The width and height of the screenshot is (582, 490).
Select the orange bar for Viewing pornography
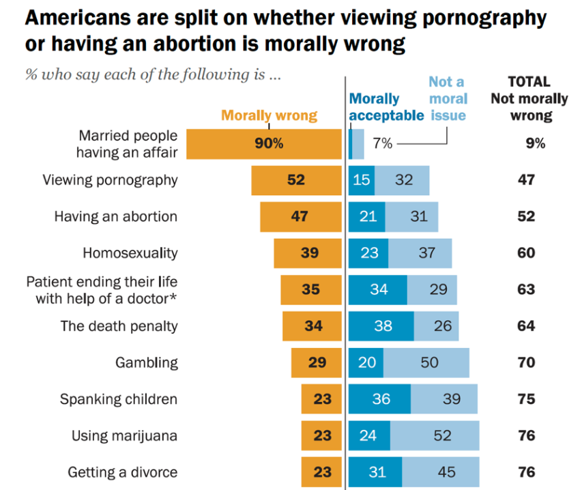click(x=296, y=181)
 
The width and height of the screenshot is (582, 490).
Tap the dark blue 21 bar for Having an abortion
click(x=366, y=217)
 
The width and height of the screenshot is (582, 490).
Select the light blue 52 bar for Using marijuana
click(x=435, y=435)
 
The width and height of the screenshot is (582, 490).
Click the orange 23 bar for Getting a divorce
click(x=321, y=472)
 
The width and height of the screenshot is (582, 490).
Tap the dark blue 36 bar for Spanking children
click(x=379, y=399)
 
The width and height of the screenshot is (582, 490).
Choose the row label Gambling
click(x=146, y=362)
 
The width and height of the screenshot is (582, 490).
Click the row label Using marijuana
click(x=124, y=435)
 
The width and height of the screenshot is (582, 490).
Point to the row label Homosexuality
click(x=130, y=253)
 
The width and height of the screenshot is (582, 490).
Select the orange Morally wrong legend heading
click(x=269, y=115)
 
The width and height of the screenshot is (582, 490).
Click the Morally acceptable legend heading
click(x=386, y=107)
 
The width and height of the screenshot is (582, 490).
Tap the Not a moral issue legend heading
click(x=448, y=98)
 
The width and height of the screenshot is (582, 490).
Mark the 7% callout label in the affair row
click(x=383, y=144)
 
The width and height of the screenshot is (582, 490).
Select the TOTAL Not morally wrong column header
click(x=529, y=98)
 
